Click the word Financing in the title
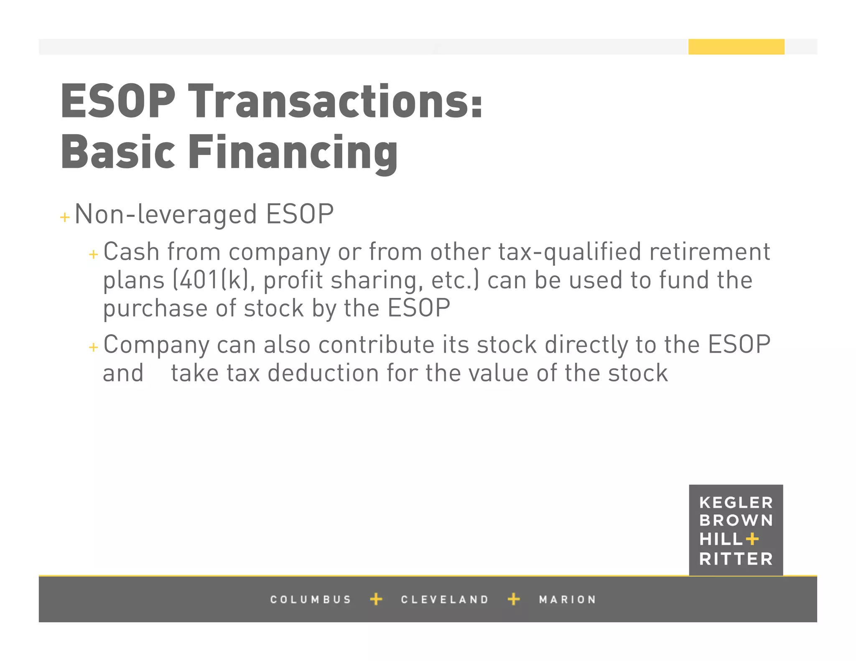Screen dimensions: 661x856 pos(293,153)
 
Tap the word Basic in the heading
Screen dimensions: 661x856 pos(118,153)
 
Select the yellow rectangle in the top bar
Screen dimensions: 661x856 pos(736,47)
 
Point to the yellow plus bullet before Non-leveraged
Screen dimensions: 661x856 pos(65,217)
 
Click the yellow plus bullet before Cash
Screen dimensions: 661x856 pos(94,254)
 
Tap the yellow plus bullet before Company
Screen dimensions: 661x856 pos(94,347)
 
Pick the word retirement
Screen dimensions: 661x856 pos(709,252)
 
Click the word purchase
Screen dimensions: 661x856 pos(155,309)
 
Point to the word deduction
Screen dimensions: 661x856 pos(323,373)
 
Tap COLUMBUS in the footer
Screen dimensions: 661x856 pos(311,600)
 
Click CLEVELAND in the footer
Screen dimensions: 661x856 pos(445,600)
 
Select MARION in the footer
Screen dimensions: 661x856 pos(567,600)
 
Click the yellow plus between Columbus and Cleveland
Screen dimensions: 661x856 pos(376,599)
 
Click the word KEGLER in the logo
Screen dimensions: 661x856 pos(736,503)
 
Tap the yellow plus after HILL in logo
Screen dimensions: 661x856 pos(752,539)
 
